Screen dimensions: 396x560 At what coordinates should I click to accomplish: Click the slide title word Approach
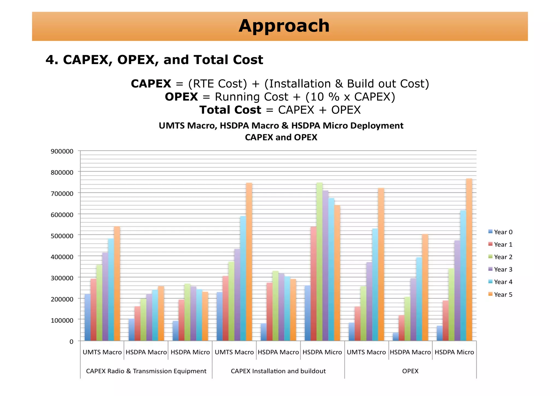[x=284, y=26]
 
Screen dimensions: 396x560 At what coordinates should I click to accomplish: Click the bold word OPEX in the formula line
[x=181, y=97]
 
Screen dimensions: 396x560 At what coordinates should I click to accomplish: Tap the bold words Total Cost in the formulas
[x=230, y=110]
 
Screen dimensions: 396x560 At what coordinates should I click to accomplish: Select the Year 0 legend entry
[x=500, y=232]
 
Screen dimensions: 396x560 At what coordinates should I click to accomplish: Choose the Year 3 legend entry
[x=500, y=270]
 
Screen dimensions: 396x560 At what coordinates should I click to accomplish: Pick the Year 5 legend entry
[x=500, y=295]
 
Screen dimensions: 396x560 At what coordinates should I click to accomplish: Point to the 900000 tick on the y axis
[x=62, y=151]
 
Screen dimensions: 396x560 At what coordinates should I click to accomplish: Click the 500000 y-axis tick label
[x=62, y=236]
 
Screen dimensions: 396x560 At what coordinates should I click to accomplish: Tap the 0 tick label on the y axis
[x=71, y=342]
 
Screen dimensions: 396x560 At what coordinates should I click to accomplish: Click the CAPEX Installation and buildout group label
[x=278, y=371]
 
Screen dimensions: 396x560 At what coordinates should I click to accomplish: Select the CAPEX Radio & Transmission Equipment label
[x=146, y=371]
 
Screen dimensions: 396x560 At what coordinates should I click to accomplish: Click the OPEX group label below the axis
[x=410, y=371]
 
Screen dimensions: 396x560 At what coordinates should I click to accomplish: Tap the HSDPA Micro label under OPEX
[x=454, y=352]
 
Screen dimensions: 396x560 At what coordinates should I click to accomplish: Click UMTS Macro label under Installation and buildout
[x=234, y=352]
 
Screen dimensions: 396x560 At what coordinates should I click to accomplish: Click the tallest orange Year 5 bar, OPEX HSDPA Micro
[x=469, y=260]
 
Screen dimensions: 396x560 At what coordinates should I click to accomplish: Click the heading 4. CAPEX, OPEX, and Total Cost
[x=154, y=60]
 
